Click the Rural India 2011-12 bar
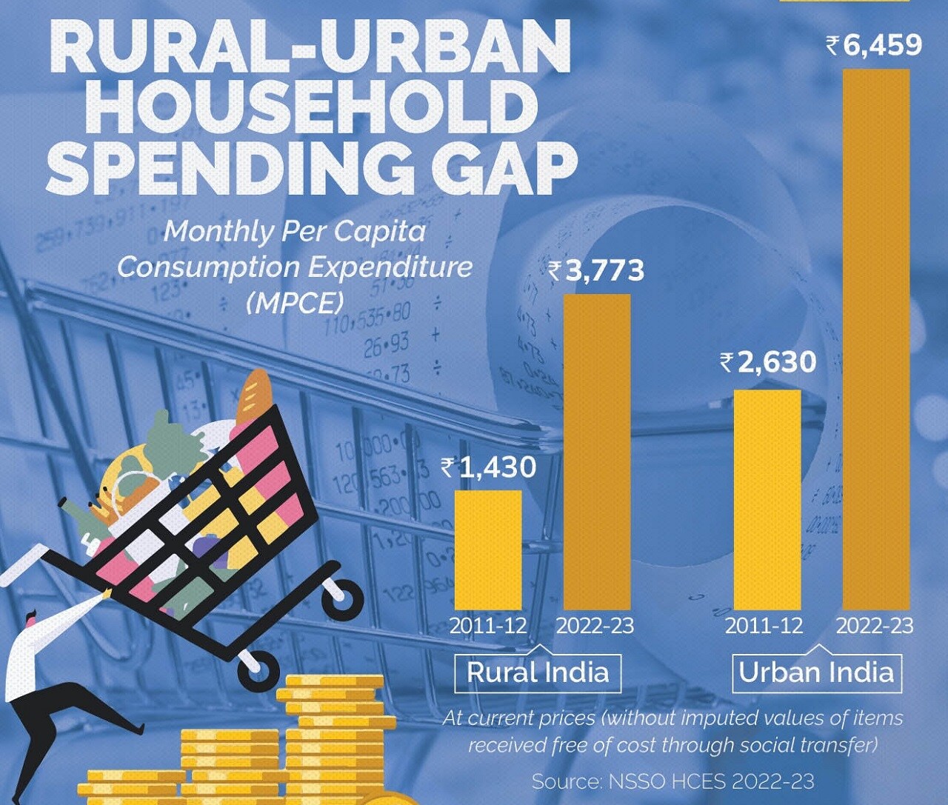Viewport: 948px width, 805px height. (487, 550)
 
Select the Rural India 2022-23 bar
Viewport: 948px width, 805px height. (597, 452)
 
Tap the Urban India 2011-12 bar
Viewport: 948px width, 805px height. (767, 500)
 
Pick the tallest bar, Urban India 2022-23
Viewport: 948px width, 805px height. (877, 341)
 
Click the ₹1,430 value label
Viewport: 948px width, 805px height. (489, 467)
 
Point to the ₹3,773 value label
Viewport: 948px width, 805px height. (597, 271)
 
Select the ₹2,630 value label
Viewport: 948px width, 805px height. (768, 363)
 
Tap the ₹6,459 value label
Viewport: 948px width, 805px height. (875, 46)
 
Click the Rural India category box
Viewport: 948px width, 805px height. (538, 672)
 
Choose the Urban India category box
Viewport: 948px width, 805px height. (816, 672)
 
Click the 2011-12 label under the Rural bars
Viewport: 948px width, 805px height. (488, 626)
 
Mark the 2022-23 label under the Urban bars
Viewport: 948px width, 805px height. (875, 626)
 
